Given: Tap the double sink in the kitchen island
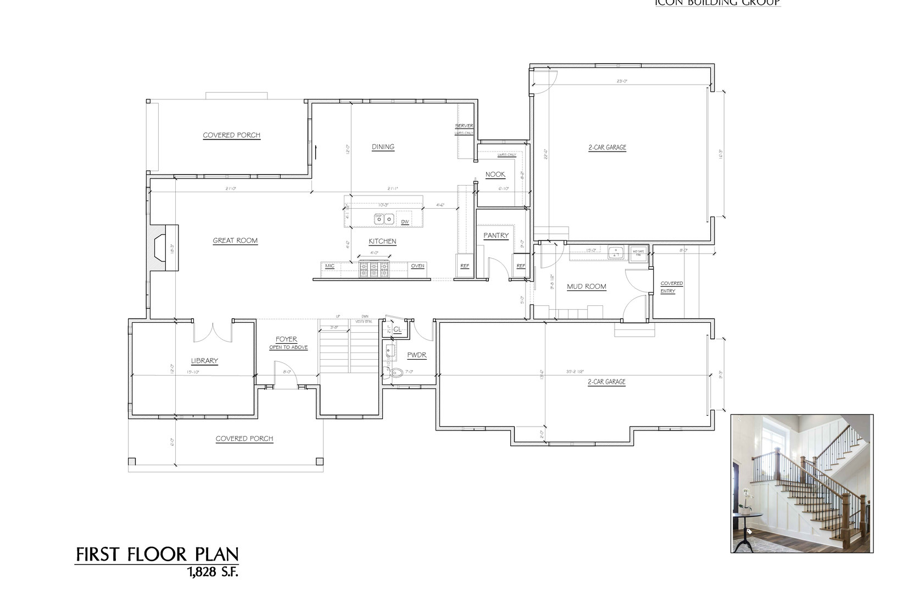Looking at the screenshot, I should [x=383, y=219].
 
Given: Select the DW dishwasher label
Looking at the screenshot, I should [x=405, y=222].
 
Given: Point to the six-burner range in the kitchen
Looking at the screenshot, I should [x=374, y=269].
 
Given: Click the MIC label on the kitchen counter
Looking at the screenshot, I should [x=330, y=266].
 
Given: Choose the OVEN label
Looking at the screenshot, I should [x=417, y=266].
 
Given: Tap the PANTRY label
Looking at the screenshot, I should [x=496, y=236].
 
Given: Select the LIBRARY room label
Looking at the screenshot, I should [x=204, y=361].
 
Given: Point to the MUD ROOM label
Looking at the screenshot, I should [x=586, y=287].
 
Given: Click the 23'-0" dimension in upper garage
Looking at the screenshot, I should [x=622, y=81].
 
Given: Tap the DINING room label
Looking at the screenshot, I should [x=383, y=147].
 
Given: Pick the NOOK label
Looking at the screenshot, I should [x=495, y=175].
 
